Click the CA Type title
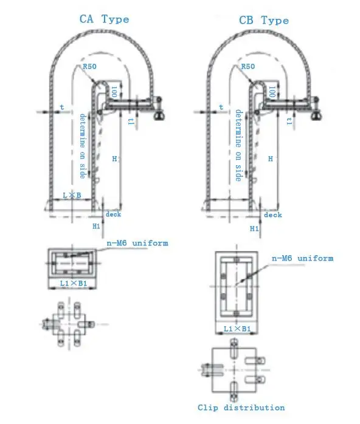[105, 19]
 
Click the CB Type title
[263, 21]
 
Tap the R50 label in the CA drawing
[90, 67]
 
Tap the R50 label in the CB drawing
[248, 67]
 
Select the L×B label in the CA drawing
[72, 194]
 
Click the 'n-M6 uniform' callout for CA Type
[137, 243]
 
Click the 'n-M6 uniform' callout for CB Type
[302, 258]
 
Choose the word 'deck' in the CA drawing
[114, 214]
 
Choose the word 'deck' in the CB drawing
[272, 214]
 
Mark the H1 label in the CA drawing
[96, 226]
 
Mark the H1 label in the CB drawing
[254, 228]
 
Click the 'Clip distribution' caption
[241, 407]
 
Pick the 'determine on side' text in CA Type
[83, 146]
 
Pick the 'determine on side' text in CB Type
[239, 146]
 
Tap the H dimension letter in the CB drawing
[270, 159]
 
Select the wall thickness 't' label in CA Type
[61, 107]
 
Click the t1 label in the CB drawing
[290, 121]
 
